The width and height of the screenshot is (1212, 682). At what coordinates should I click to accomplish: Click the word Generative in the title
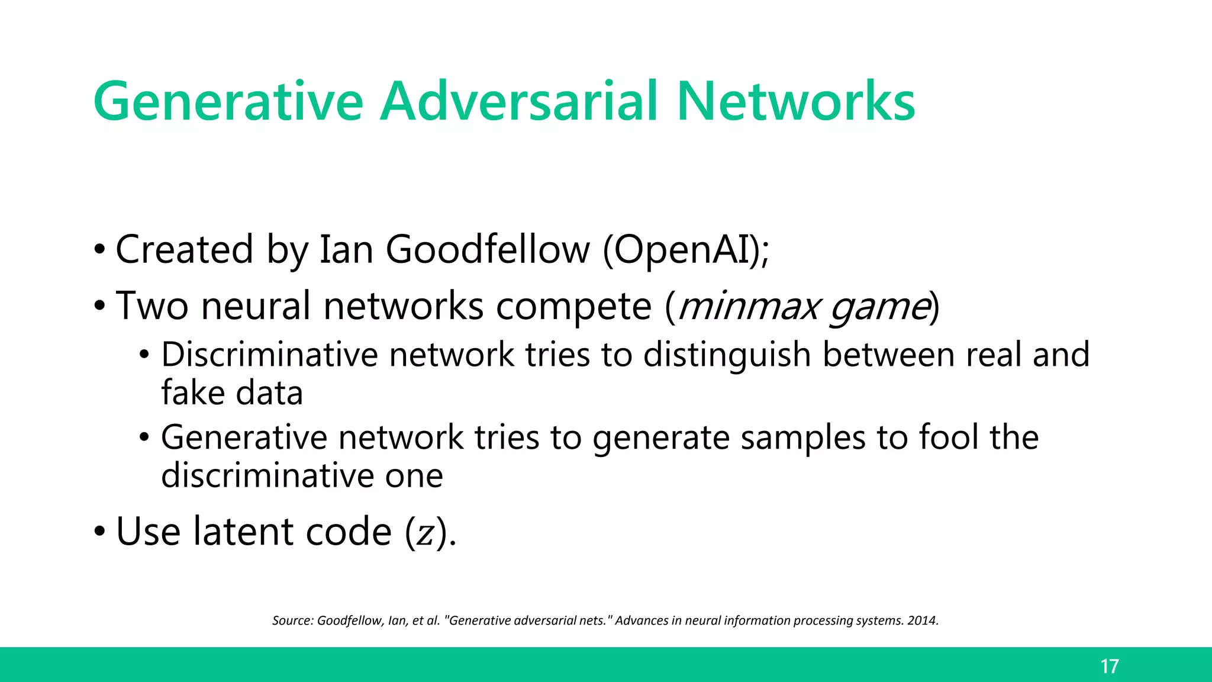[228, 102]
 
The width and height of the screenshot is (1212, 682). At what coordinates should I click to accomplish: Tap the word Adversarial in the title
[518, 102]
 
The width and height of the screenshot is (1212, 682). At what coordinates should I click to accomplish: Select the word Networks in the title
[795, 102]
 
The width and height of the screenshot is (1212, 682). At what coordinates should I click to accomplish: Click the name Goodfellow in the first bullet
[488, 249]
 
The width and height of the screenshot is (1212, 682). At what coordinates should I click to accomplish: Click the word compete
[573, 307]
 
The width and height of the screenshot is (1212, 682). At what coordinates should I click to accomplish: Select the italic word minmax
[748, 307]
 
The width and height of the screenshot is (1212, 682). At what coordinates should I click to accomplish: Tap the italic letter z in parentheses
[425, 534]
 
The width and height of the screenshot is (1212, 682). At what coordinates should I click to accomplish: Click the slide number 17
[1109, 667]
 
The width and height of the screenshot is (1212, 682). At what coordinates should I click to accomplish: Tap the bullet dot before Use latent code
[99, 532]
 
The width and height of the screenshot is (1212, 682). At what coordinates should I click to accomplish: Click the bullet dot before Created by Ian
[99, 249]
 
